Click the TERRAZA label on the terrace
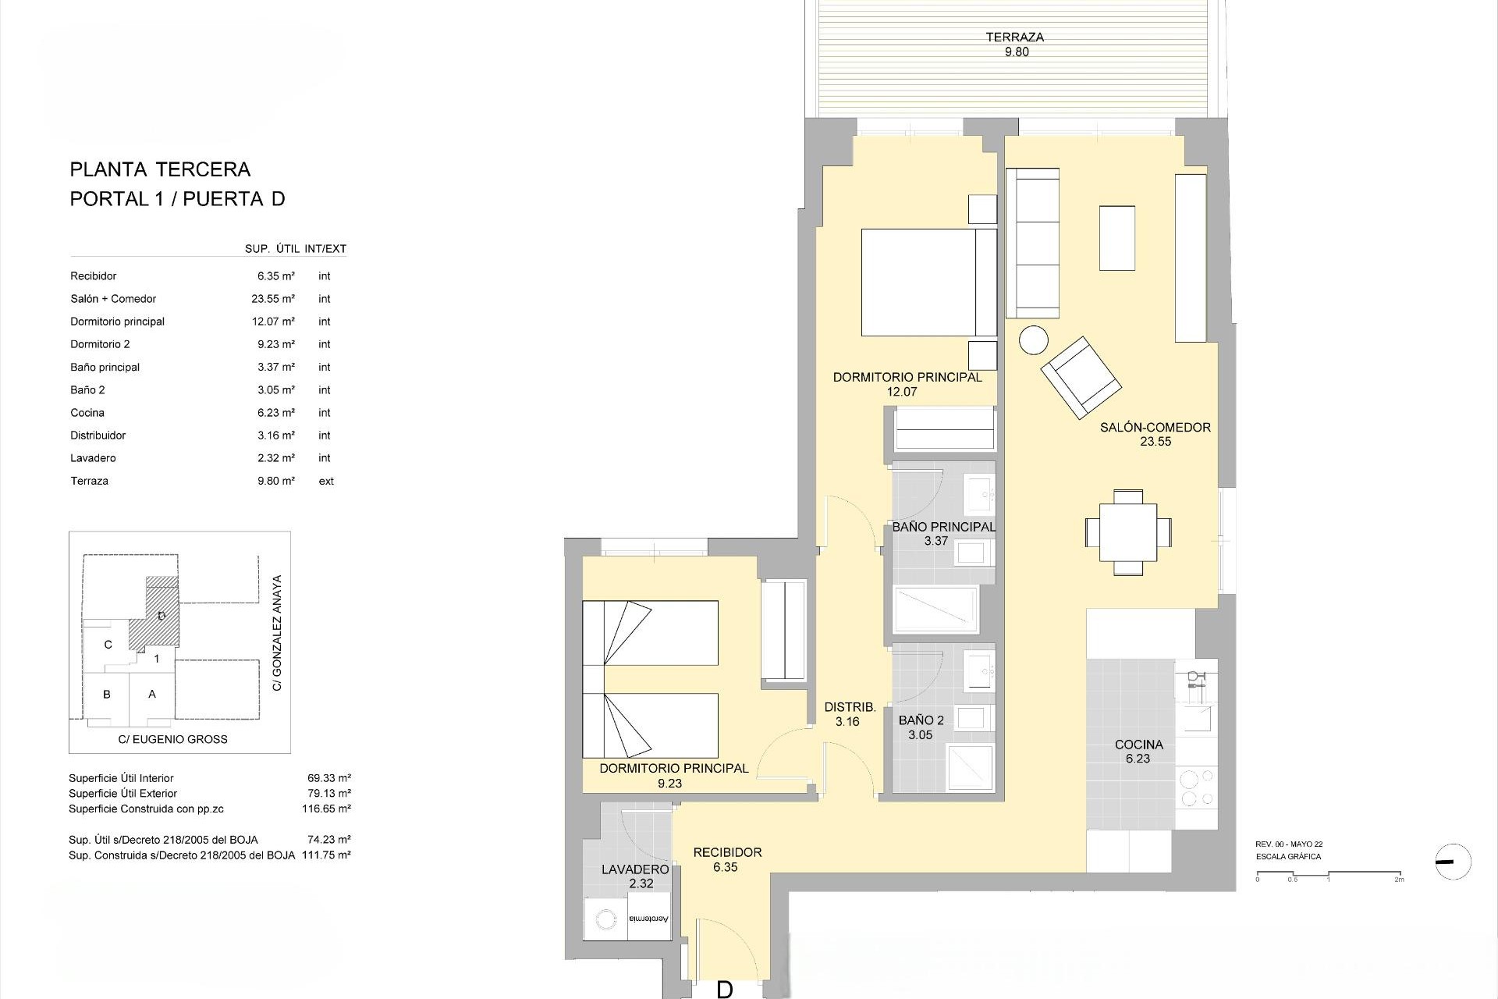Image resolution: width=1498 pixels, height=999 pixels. click(1014, 37)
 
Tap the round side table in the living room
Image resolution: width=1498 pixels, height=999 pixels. click(1035, 340)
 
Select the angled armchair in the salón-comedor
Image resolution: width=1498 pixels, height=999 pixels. click(1081, 378)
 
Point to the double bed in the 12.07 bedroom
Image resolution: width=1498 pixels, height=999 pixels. click(928, 283)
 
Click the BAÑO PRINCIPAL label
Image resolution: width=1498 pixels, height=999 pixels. click(943, 528)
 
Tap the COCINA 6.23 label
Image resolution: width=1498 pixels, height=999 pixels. click(1138, 752)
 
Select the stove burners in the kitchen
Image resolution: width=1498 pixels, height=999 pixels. click(1196, 787)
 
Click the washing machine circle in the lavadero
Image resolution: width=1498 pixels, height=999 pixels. click(605, 921)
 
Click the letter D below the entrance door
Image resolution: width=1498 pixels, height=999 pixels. click(725, 990)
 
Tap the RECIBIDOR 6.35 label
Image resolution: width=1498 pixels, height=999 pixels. click(727, 859)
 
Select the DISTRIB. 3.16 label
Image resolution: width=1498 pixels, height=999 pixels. click(850, 714)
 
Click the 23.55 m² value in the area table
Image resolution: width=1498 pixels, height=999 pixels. click(275, 299)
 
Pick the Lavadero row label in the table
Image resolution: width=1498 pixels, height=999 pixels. click(93, 458)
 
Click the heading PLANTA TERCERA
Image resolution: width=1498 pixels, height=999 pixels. click(160, 169)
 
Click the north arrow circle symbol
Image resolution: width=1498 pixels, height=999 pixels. click(1453, 862)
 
